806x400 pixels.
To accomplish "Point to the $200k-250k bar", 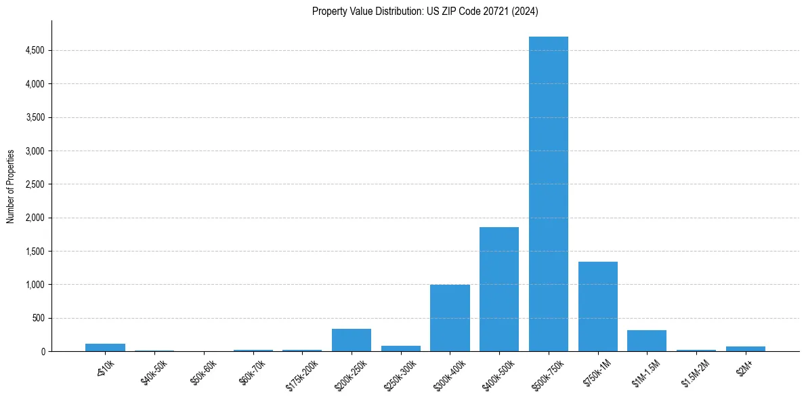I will [x=351, y=340].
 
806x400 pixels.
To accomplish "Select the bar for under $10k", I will [x=105, y=347].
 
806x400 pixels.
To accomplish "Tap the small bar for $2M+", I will [x=746, y=348].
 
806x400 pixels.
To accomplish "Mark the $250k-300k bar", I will [x=400, y=348].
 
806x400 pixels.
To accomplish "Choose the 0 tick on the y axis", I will [x=42, y=351].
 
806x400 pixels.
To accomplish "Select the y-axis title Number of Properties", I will [x=11, y=186].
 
